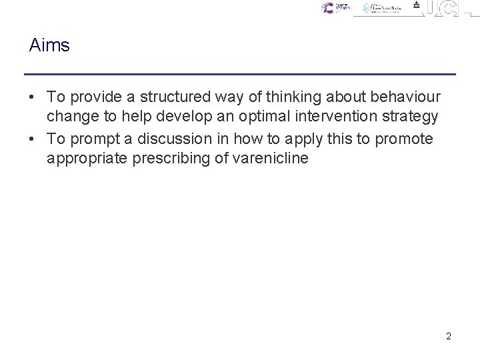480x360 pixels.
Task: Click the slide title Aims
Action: click(x=49, y=45)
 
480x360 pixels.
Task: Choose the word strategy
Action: click(x=411, y=117)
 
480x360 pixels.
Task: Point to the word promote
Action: click(x=403, y=139)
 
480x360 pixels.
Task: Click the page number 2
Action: click(x=449, y=337)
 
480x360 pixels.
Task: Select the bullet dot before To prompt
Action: click(x=33, y=139)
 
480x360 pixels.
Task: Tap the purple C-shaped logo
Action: click(x=327, y=9)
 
